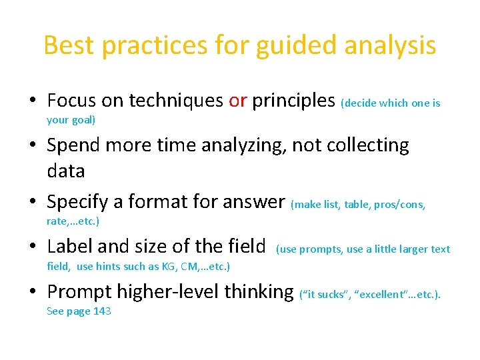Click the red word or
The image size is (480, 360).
click(x=238, y=101)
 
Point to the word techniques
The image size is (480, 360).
click(x=176, y=101)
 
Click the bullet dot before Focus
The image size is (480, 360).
click(x=33, y=101)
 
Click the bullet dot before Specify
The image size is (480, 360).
click(x=33, y=201)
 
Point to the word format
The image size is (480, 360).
click(x=160, y=201)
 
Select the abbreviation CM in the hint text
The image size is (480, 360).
click(x=182, y=267)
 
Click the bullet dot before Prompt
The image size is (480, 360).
click(x=33, y=292)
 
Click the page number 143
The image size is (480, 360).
click(x=101, y=311)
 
